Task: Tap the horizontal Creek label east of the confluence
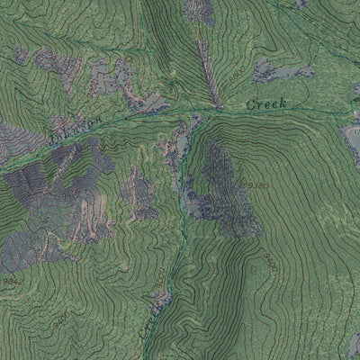click(x=265, y=104)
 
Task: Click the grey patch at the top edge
click(x=200, y=9)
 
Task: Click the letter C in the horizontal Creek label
click(x=249, y=105)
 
